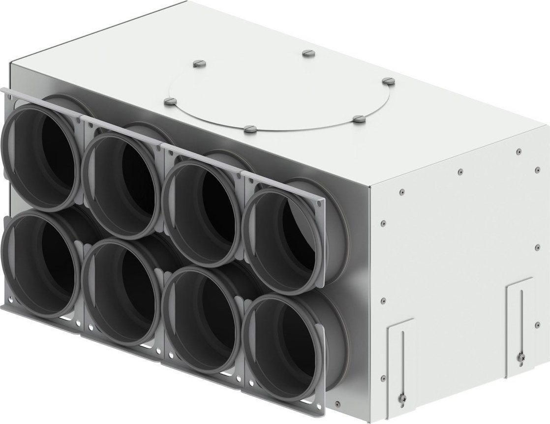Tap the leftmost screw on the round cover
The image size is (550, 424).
coord(170,101)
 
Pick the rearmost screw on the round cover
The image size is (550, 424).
coord(307,52)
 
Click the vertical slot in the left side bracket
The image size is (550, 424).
coord(402,357)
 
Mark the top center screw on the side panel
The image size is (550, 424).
coord(459,172)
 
